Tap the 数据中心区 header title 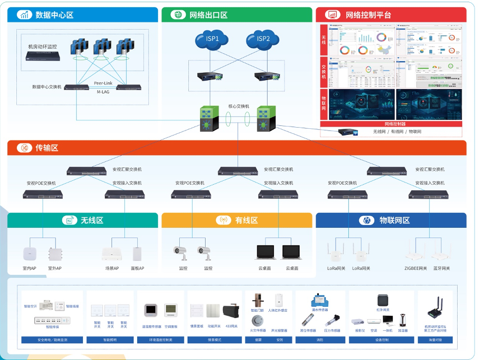point(54,15)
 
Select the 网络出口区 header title point(208,15)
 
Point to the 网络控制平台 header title point(368,15)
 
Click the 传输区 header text point(46,148)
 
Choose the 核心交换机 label point(239,106)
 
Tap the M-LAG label point(104,92)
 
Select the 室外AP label point(55,268)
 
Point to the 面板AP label point(137,268)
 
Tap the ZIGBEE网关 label point(416,268)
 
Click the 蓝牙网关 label point(441,268)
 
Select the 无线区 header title point(92,221)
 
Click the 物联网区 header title point(394,221)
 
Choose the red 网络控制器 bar point(394,124)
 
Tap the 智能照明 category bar point(110,339)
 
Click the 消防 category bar point(320,339)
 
